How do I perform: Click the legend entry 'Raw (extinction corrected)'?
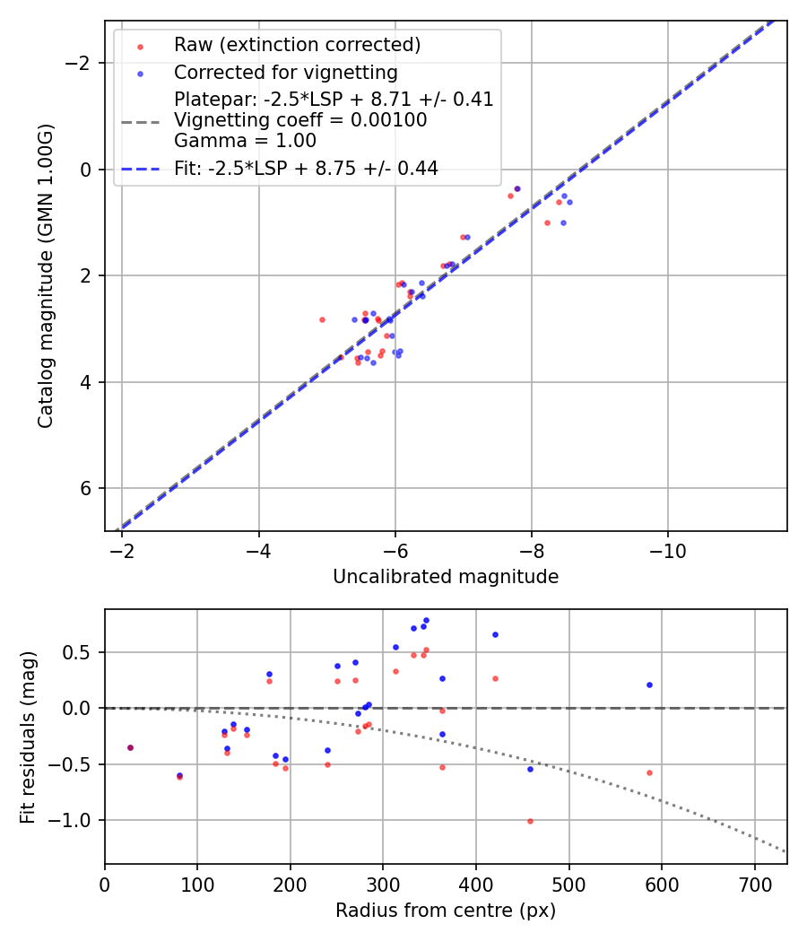tap(297, 45)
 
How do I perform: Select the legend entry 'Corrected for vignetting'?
tap(285, 72)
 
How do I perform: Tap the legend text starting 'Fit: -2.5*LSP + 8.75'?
tap(306, 168)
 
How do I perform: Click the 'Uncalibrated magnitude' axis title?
tap(446, 577)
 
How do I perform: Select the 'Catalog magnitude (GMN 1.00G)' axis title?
tap(46, 275)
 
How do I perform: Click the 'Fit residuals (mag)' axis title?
tap(28, 737)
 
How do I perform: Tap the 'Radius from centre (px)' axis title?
tap(446, 911)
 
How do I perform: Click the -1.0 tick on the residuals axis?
tap(76, 821)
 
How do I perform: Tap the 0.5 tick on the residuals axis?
tap(82, 652)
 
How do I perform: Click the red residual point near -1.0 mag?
tap(530, 821)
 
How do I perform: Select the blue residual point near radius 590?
tap(649, 685)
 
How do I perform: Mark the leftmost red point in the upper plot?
tap(322, 319)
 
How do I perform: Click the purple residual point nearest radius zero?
tap(130, 747)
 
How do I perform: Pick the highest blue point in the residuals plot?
tap(426, 620)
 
